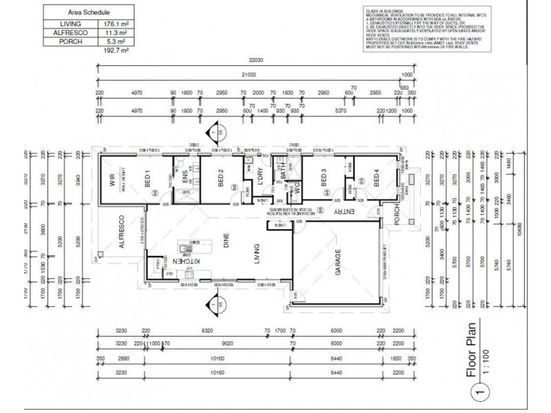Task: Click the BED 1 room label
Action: click(147, 180)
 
